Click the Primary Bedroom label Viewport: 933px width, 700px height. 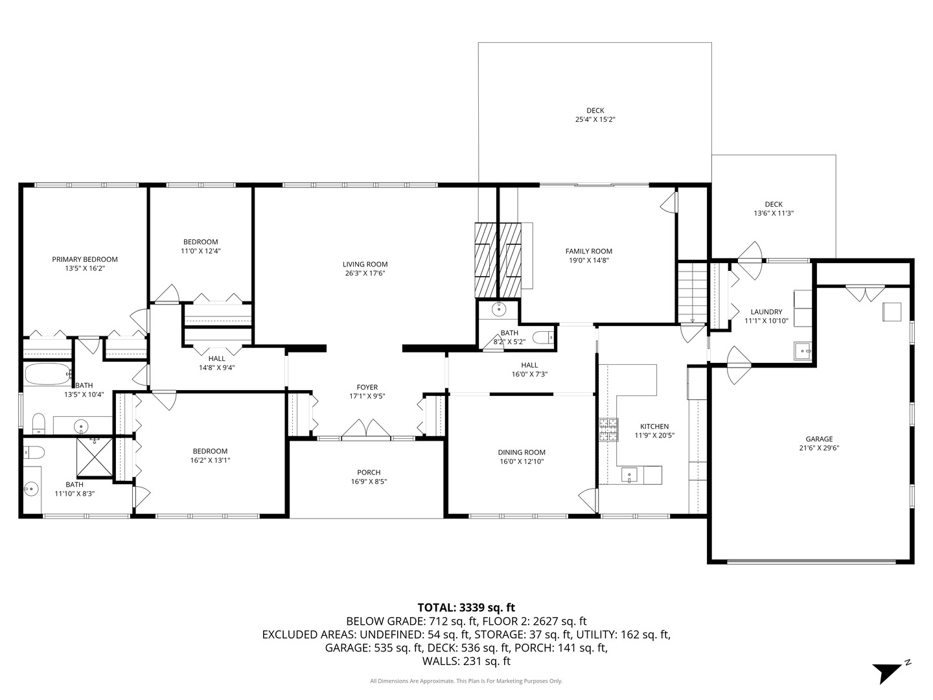(x=85, y=259)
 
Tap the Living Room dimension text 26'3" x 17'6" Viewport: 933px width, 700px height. (x=365, y=274)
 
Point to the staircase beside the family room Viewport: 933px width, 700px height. (x=693, y=291)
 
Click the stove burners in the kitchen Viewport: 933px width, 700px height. (x=608, y=430)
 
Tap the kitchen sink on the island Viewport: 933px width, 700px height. (x=629, y=476)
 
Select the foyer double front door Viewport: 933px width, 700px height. (x=366, y=429)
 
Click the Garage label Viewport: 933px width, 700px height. (x=819, y=439)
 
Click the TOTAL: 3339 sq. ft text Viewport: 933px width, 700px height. (x=466, y=608)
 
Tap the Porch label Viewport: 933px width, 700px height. (x=369, y=472)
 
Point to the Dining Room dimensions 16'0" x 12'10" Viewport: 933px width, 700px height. (x=522, y=461)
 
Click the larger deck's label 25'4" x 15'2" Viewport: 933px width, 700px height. (x=595, y=120)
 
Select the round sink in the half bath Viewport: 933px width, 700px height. (x=498, y=309)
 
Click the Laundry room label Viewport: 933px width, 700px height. (x=766, y=312)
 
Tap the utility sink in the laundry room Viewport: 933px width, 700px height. (x=803, y=351)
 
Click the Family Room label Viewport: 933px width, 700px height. (x=588, y=251)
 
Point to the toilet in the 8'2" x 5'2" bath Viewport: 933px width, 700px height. (x=543, y=337)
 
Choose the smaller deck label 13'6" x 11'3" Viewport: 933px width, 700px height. (x=773, y=213)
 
